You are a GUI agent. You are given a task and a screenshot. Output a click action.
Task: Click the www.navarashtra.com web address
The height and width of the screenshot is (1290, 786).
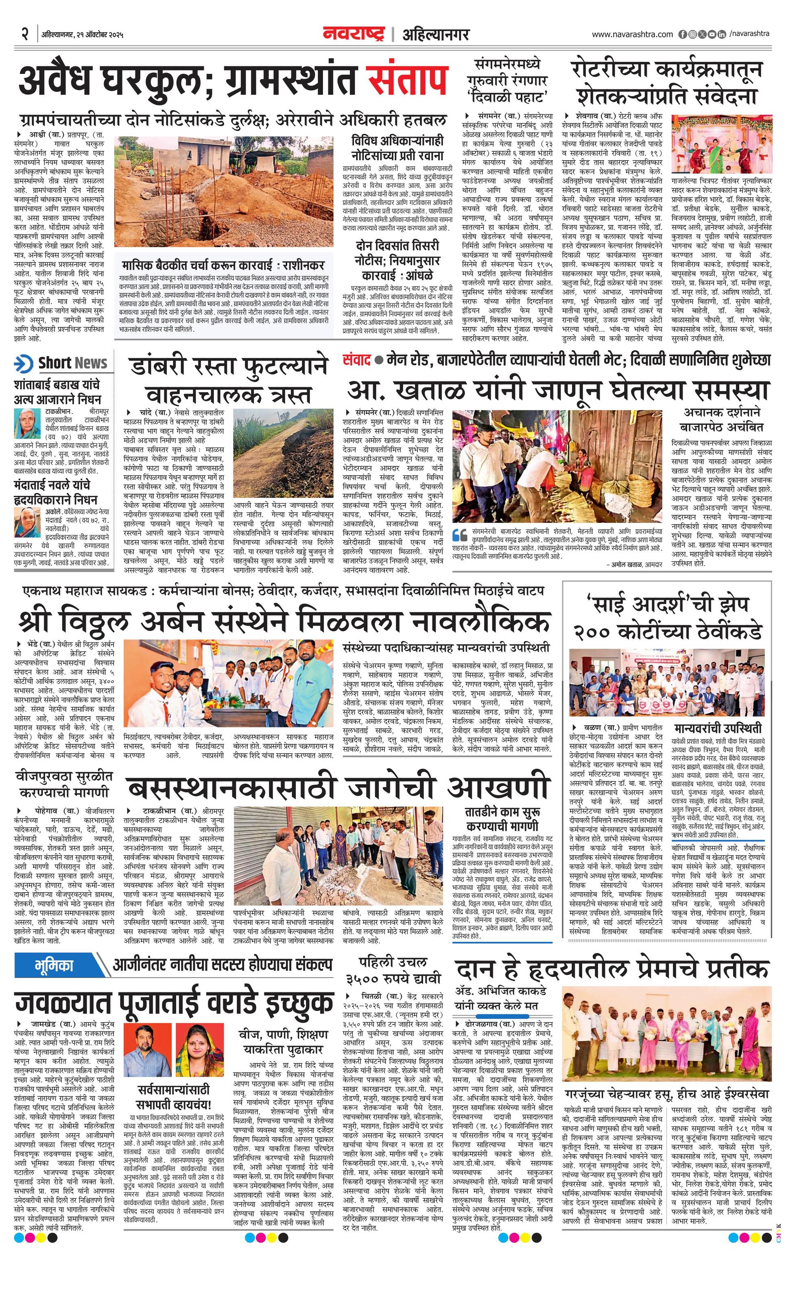point(632,35)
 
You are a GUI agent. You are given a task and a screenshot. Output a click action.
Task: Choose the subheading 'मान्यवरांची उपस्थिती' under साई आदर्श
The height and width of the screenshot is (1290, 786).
point(725,729)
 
